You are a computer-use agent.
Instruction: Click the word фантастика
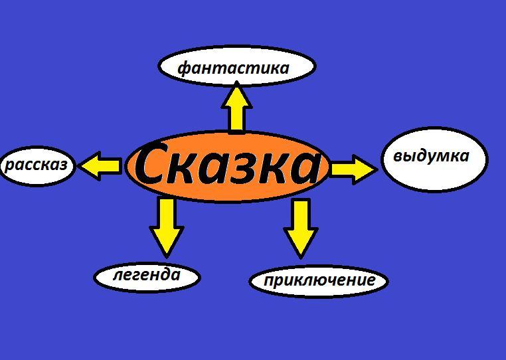coord(234,68)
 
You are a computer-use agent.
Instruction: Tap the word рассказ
coord(37,164)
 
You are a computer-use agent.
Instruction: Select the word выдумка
coord(431,156)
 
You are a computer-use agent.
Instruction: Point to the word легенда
coord(147,275)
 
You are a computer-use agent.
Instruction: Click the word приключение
coord(319,280)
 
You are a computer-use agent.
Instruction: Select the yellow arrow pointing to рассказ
coord(100,165)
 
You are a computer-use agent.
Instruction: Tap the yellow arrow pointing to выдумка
coord(353,169)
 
